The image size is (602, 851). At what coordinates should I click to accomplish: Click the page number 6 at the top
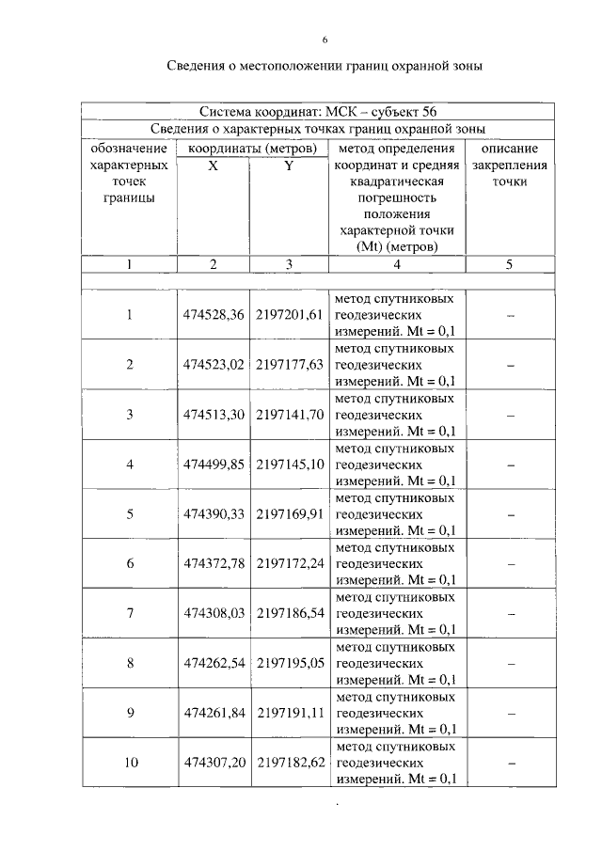(x=324, y=39)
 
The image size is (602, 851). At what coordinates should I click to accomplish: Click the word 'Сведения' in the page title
(x=201, y=67)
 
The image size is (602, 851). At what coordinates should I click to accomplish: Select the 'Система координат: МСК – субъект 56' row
(x=318, y=112)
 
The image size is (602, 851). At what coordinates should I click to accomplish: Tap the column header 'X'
(x=213, y=165)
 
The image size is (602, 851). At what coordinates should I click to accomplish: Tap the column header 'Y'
(x=289, y=165)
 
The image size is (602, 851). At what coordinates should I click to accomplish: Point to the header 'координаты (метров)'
(x=252, y=149)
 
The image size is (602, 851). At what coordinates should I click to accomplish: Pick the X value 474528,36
(x=214, y=314)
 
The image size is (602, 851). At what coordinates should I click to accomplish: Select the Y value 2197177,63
(x=289, y=364)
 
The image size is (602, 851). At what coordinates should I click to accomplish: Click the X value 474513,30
(x=214, y=414)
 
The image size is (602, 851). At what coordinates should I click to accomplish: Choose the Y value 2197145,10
(x=289, y=464)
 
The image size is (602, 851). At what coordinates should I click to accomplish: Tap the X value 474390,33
(x=214, y=513)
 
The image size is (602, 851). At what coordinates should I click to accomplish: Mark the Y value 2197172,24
(x=289, y=563)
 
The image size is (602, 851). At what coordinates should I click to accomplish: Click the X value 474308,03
(x=214, y=613)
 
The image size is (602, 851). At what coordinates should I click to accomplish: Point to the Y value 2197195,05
(x=289, y=663)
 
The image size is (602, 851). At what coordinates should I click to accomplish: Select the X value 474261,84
(x=214, y=713)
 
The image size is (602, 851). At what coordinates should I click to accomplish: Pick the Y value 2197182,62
(x=289, y=763)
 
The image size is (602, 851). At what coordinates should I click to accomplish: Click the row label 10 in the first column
(x=130, y=763)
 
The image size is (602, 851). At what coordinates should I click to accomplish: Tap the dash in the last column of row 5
(x=510, y=513)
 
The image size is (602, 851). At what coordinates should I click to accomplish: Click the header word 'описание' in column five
(x=509, y=149)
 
